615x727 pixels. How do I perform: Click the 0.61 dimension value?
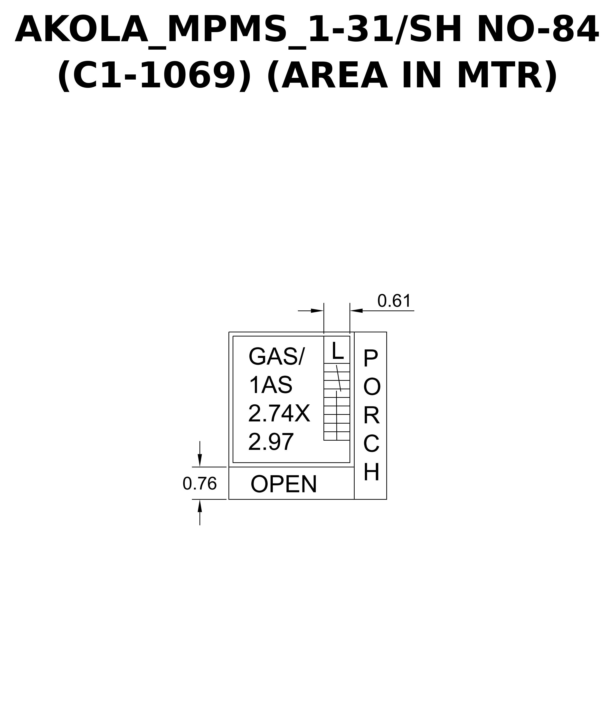(x=394, y=301)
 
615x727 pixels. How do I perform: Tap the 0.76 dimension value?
(x=200, y=484)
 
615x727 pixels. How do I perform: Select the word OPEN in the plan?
(x=284, y=484)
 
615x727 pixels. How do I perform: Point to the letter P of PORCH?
(x=371, y=358)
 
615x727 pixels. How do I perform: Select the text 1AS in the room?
(x=271, y=385)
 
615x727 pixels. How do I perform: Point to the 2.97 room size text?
(x=271, y=442)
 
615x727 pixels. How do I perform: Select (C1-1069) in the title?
(x=154, y=76)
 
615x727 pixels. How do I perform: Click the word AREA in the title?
(x=334, y=76)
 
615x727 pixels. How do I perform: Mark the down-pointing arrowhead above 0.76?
(x=200, y=460)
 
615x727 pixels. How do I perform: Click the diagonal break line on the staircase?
(x=339, y=378)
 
